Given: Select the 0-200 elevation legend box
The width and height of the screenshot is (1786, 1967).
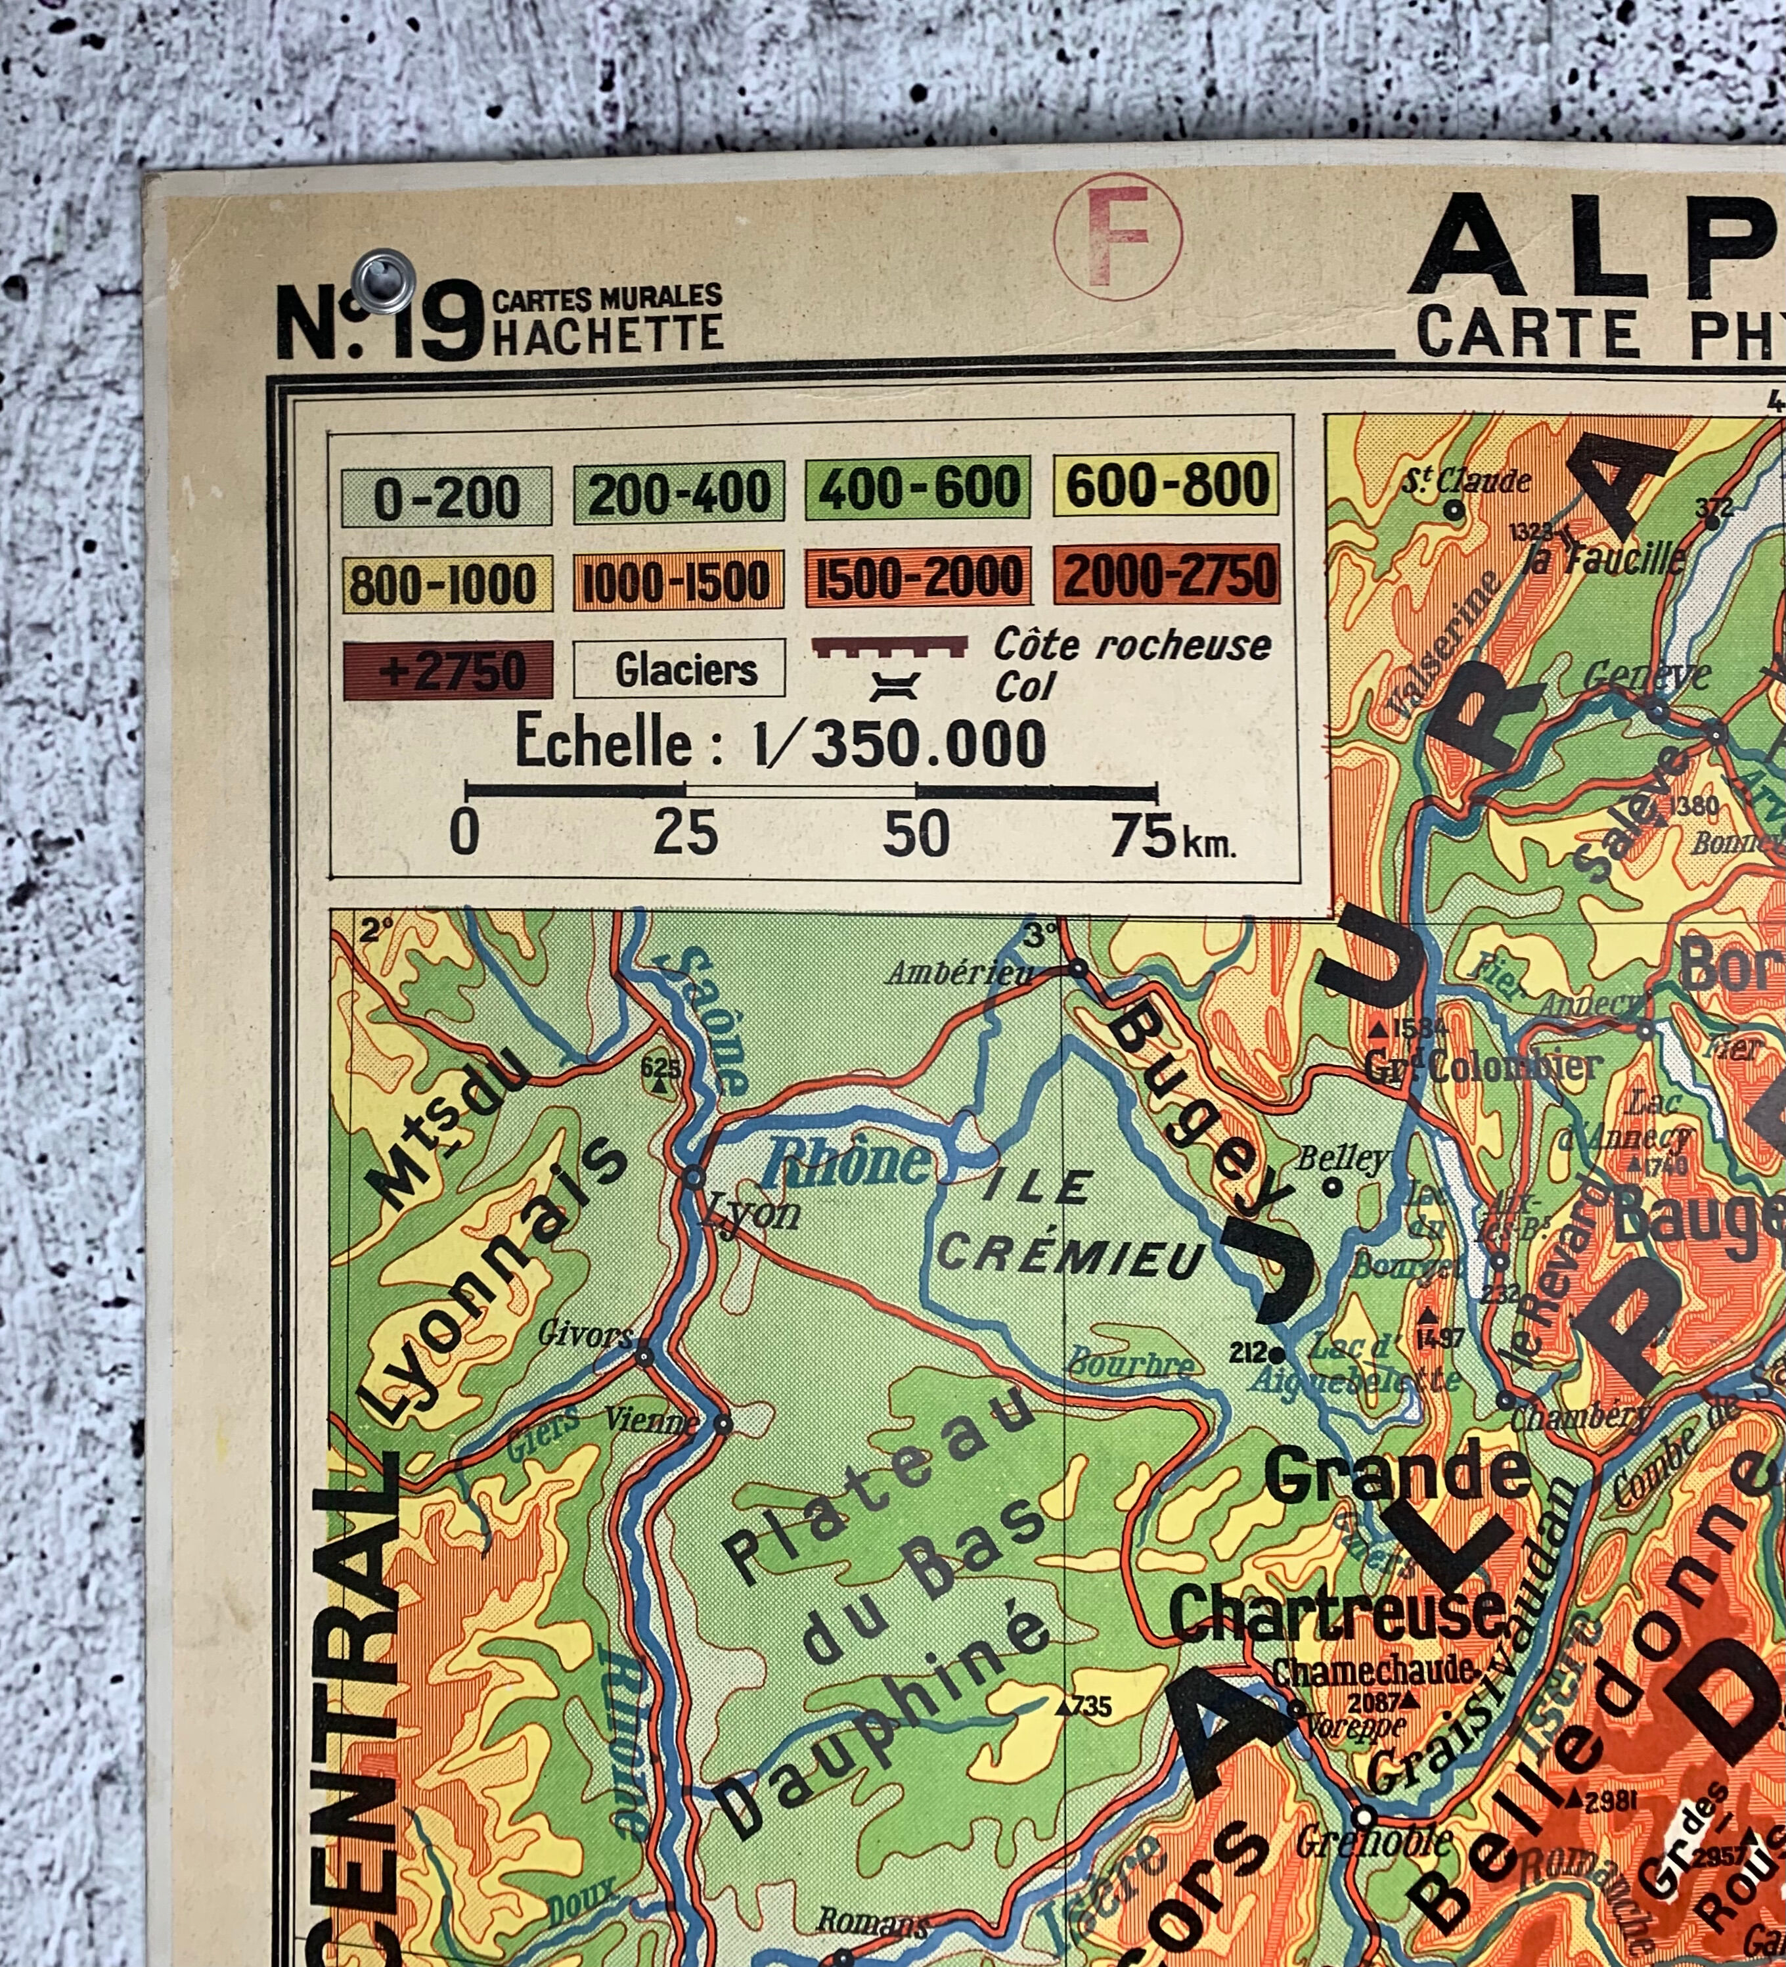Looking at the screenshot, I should coord(447,497).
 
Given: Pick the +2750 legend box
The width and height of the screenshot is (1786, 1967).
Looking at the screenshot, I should coord(448,670).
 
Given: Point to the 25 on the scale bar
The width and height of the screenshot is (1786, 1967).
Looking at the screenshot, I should coord(686,835).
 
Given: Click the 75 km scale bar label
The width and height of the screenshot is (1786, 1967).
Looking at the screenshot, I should coord(1171,837).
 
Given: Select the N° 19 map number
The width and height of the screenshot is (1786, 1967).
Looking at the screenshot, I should coord(380,321).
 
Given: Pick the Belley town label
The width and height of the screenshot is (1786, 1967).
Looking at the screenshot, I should coord(1341,1158).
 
